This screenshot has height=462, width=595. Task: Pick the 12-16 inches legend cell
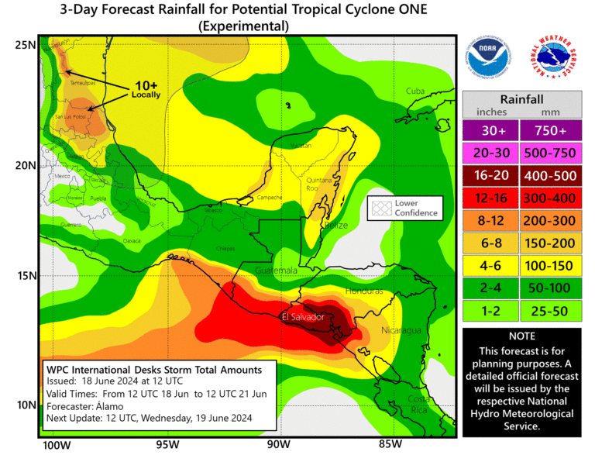(x=491, y=198)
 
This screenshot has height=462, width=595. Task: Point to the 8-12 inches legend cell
(x=491, y=221)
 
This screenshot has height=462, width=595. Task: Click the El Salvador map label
(x=301, y=317)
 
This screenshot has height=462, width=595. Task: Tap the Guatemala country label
(x=277, y=271)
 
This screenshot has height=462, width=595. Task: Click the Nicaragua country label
(x=401, y=331)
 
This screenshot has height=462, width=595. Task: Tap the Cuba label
(x=416, y=91)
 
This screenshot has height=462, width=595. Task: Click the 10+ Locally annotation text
(x=146, y=89)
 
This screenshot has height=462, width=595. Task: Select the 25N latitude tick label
(x=26, y=44)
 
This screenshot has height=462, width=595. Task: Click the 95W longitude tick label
(x=167, y=445)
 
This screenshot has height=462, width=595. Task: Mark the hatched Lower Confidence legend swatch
(x=380, y=208)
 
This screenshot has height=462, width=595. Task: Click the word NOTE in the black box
(x=521, y=338)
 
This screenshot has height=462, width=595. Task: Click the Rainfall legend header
(x=521, y=100)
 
